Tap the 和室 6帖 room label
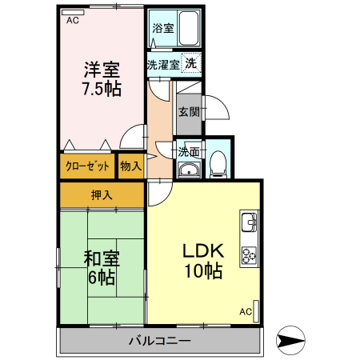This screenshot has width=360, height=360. click(x=101, y=267)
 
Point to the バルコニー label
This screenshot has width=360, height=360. click(x=159, y=342)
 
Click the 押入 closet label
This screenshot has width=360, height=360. click(x=101, y=194)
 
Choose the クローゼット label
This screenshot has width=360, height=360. click(x=86, y=166)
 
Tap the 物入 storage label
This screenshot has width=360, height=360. click(x=130, y=166)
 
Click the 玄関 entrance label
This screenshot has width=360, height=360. click(x=189, y=111)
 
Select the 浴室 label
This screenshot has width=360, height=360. click(x=162, y=26)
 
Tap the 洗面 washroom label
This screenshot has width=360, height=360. click(x=189, y=150)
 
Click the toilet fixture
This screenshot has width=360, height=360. click(x=218, y=165)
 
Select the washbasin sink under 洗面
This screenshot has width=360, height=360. click(x=189, y=169)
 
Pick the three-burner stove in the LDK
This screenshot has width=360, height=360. click(x=248, y=254)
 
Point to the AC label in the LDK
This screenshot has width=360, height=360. click(x=246, y=311)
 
